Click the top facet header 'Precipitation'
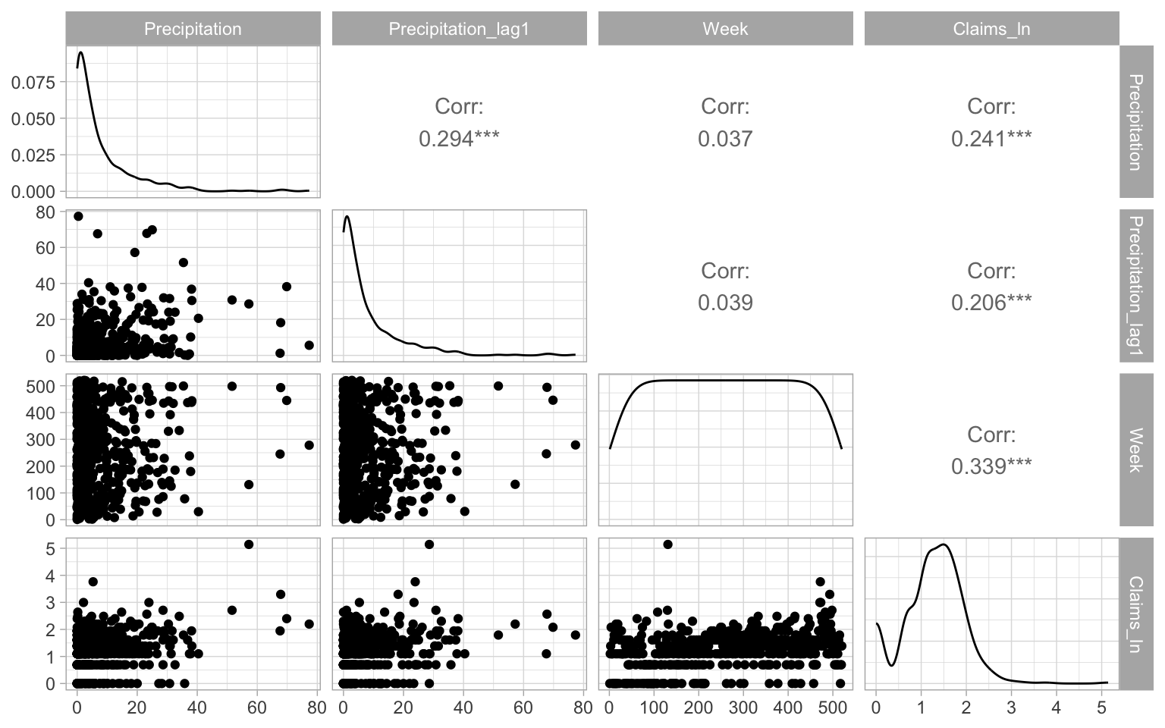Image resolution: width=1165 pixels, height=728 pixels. [x=193, y=29]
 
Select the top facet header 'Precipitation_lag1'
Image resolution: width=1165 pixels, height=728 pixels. [x=459, y=29]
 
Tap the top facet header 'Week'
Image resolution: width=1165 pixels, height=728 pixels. [x=725, y=29]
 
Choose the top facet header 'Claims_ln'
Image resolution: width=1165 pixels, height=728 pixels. [x=991, y=29]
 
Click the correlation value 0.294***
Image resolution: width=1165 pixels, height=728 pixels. [x=459, y=139]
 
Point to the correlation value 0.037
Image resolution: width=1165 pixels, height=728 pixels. [x=725, y=139]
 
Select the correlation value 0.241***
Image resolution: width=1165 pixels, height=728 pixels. [x=991, y=139]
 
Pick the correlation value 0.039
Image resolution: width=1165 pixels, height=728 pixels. [x=725, y=303]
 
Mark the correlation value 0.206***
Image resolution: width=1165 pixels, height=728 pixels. [x=991, y=303]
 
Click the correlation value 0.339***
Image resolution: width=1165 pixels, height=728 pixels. [x=991, y=466]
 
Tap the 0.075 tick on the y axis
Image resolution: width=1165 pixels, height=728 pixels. [x=33, y=82]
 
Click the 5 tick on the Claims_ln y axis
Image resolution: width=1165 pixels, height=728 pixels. [x=50, y=548]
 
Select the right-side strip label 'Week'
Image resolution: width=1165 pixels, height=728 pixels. [x=1135, y=450]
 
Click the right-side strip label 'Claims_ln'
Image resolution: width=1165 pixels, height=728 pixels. [x=1135, y=614]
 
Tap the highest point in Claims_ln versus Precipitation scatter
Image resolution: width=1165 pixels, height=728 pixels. [x=249, y=544]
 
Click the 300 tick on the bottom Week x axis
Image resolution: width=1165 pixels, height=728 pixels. [x=743, y=708]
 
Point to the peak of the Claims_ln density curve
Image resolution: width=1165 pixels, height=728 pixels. [x=943, y=544]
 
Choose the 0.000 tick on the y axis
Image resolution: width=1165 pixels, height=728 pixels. [x=33, y=192]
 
